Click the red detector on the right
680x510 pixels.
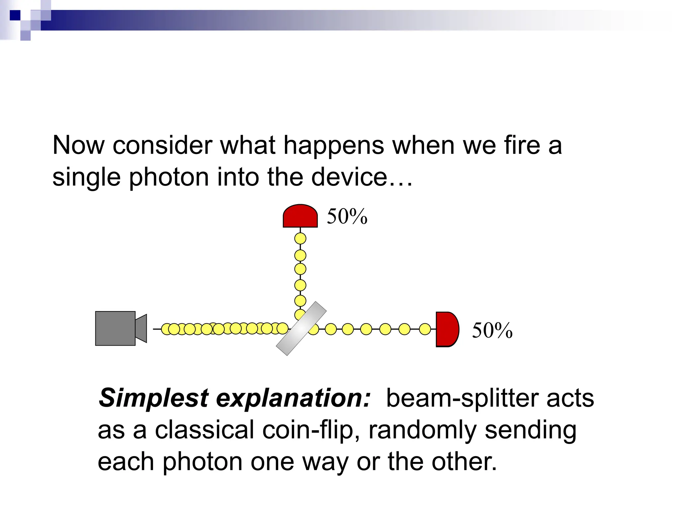click(x=447, y=329)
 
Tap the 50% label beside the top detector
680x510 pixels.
click(x=347, y=216)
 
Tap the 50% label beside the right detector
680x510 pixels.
click(x=492, y=331)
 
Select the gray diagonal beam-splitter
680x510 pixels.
click(x=301, y=329)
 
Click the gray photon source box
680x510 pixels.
click(x=115, y=328)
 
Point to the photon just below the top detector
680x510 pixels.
click(x=300, y=238)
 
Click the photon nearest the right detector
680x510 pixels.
click(x=425, y=329)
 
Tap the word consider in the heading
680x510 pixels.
click(x=162, y=145)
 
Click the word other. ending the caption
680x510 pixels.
click(x=464, y=462)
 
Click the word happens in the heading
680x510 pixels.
click(x=333, y=145)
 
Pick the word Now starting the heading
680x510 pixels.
click(x=78, y=145)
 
